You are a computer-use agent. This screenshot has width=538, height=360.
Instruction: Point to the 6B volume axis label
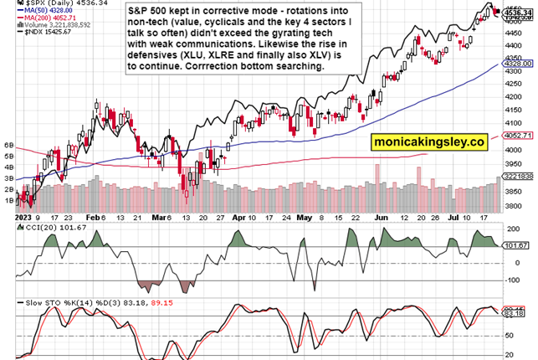(x=9, y=145)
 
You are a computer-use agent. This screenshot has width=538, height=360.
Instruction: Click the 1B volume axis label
(x=9, y=201)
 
